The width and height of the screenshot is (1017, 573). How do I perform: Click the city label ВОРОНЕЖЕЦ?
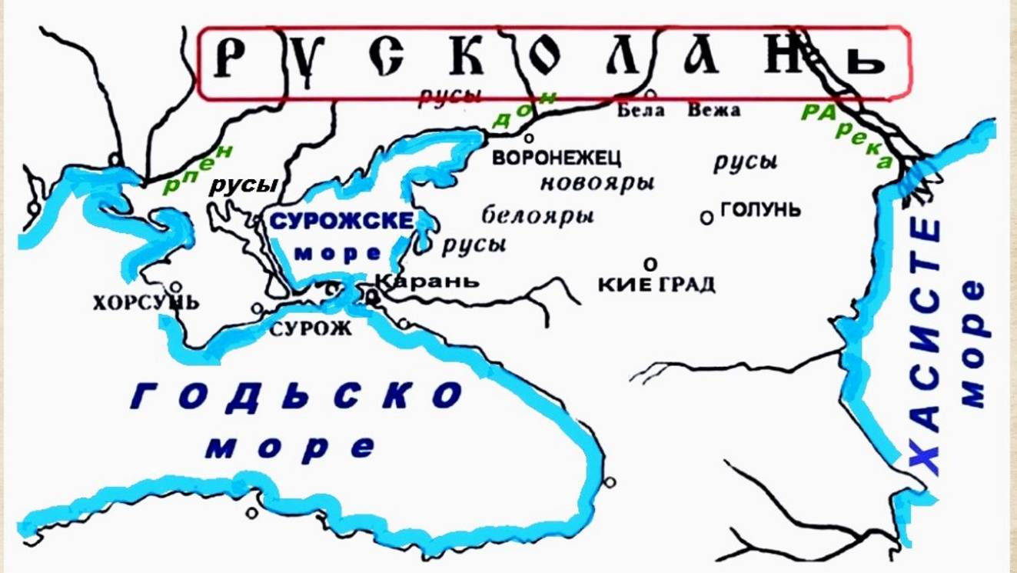click(x=557, y=158)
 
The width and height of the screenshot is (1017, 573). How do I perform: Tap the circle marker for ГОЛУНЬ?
click(x=706, y=218)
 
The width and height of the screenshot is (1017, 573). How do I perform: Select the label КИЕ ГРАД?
click(x=656, y=285)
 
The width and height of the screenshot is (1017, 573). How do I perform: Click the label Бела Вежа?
click(x=679, y=111)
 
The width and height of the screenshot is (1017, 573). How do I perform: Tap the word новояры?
click(x=597, y=184)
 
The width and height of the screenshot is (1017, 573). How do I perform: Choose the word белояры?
click(x=538, y=215)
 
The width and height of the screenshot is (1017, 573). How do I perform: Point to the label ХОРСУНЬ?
click(x=145, y=302)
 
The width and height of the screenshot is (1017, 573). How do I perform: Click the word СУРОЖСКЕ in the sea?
click(x=342, y=221)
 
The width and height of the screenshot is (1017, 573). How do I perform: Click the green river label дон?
click(x=523, y=110)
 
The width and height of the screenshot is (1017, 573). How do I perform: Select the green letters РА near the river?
click(x=817, y=112)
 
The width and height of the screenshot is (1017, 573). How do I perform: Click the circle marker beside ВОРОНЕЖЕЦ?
click(x=529, y=138)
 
